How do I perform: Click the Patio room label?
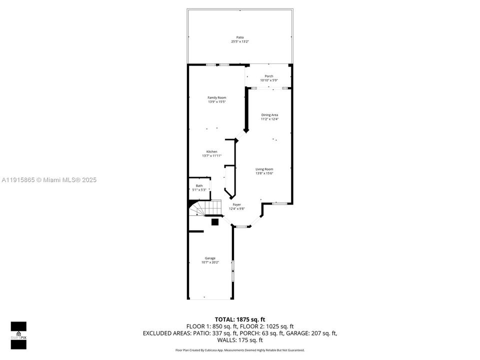240,37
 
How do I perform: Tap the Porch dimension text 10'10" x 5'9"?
269,80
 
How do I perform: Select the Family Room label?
217,97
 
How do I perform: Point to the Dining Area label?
269,115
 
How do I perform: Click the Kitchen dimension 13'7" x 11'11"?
212,155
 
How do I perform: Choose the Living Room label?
264,169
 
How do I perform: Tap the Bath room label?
199,185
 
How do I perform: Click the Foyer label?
236,204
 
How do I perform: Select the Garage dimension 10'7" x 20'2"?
210,262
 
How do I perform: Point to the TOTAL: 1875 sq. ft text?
240,319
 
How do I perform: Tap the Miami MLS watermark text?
49,180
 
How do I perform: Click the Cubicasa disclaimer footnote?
240,350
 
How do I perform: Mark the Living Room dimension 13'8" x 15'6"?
264,173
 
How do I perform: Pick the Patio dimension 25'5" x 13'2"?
240,41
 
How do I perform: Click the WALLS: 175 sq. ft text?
240,339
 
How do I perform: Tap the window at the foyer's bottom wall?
241,226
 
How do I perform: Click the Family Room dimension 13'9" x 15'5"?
217,102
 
